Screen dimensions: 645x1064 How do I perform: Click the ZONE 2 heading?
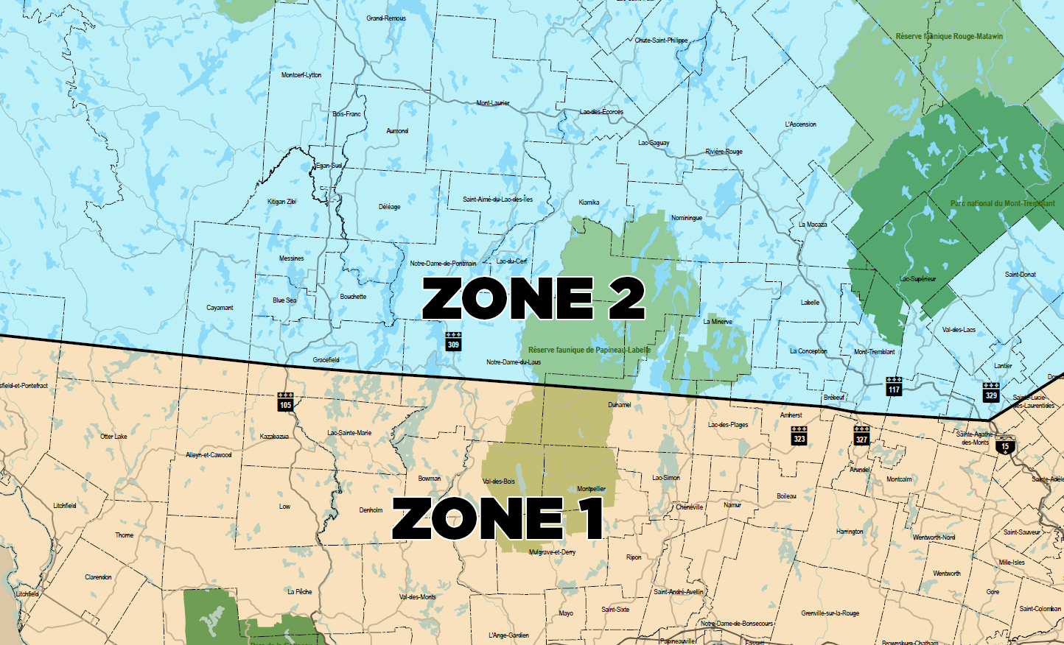533,298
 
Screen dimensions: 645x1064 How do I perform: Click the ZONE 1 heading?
497,518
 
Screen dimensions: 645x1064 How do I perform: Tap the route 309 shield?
453,342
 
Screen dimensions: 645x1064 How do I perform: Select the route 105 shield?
285,402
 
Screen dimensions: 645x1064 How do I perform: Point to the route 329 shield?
991,392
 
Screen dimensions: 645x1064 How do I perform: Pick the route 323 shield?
799,436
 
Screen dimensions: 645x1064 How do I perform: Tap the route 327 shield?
861,436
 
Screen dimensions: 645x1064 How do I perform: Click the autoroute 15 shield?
1004,446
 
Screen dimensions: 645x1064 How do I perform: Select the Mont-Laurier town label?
492,103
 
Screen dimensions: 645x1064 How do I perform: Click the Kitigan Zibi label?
281,201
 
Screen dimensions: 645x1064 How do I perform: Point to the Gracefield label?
326,360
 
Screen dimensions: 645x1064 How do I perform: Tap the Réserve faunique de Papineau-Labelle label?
589,350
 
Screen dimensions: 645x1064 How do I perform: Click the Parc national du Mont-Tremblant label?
1002,204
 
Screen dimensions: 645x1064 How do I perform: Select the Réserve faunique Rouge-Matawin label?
949,36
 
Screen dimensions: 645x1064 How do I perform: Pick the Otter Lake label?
113,437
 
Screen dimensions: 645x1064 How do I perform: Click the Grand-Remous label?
386,18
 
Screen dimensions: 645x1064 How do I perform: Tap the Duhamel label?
619,405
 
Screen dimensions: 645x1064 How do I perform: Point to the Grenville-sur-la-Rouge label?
830,613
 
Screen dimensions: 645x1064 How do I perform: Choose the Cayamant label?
220,308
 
